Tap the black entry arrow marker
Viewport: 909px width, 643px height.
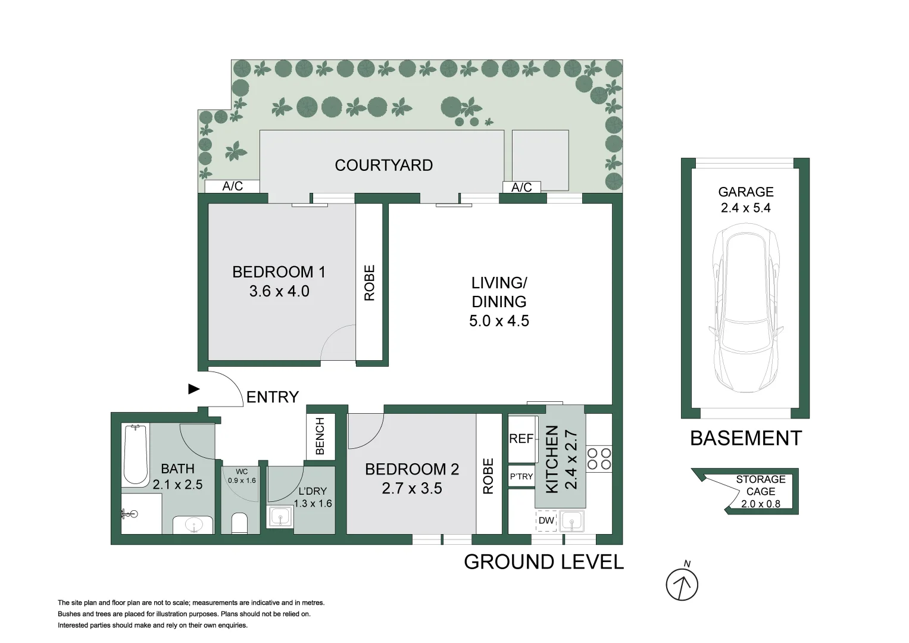(193, 389)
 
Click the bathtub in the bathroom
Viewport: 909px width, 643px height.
(136, 454)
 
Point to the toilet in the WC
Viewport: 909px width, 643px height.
(239, 523)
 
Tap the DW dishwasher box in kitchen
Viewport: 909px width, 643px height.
(546, 521)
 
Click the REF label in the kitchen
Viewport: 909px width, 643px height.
(521, 439)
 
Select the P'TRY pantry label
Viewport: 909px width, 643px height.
(521, 476)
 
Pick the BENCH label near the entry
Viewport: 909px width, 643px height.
(320, 436)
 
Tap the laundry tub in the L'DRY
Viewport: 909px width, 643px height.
(279, 517)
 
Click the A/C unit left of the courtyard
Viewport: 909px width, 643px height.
(232, 186)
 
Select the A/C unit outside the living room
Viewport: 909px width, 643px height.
(521, 188)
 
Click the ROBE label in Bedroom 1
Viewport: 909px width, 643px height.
(370, 282)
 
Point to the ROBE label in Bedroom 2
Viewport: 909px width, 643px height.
(489, 476)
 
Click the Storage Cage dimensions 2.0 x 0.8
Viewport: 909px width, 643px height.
(760, 504)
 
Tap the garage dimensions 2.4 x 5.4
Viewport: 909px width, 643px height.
(745, 208)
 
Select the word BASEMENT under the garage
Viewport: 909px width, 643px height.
(745, 438)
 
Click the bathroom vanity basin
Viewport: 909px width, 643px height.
(193, 525)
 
